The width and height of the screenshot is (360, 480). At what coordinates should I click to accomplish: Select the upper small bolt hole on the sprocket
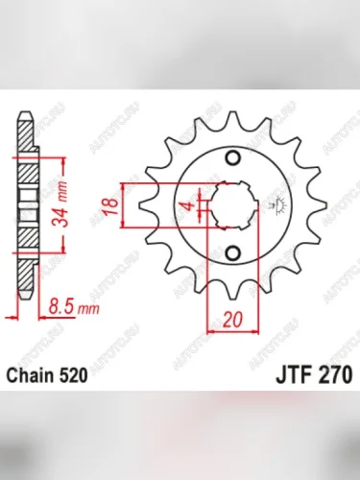[230, 159]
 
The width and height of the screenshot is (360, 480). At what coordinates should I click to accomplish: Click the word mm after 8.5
[88, 309]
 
